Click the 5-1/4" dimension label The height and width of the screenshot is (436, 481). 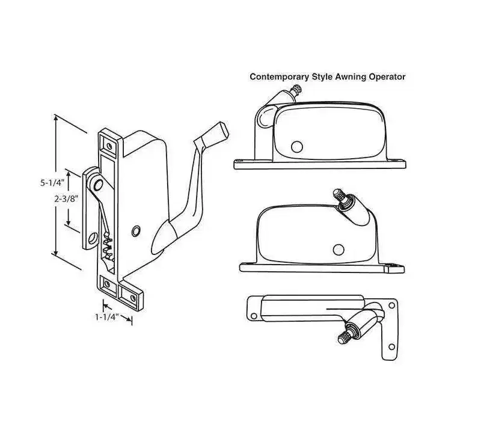pos(52,183)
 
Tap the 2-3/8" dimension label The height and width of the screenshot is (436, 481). pos(66,199)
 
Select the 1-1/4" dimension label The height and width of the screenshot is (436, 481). pos(107,317)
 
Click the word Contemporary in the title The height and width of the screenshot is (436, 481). pos(279,77)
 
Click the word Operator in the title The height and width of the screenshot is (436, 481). pos(387,77)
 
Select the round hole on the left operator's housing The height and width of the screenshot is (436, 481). pos(136,231)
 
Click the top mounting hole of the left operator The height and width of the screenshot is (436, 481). pos(109,146)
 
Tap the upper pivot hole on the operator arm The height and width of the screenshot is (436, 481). pos(98,185)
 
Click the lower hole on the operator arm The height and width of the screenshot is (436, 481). pos(93,238)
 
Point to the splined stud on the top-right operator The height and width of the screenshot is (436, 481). pos(296,90)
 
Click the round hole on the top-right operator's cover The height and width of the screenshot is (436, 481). pos(296,147)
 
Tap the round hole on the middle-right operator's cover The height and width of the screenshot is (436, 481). pos(339,250)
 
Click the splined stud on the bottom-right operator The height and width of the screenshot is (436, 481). pos(345,337)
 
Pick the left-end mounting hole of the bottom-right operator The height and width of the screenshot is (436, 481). pos(254,316)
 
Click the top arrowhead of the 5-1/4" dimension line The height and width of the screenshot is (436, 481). pos(55,117)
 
